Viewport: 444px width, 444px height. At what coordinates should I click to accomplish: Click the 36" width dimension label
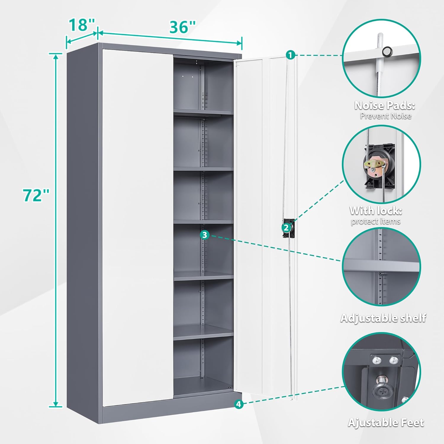(182, 27)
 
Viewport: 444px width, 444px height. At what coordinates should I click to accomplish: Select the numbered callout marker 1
(290, 55)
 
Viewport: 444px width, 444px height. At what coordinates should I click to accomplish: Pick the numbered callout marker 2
(286, 228)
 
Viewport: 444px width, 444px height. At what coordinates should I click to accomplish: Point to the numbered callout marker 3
(205, 235)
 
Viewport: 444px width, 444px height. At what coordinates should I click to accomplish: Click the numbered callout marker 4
(239, 404)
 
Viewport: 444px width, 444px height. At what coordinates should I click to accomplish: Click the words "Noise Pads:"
(385, 105)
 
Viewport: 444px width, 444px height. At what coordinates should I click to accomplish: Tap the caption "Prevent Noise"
(385, 116)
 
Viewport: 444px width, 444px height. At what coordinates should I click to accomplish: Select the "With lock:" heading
(376, 211)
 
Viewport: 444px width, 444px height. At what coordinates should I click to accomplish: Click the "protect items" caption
(376, 221)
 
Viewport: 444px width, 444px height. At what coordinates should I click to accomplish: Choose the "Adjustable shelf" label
(383, 318)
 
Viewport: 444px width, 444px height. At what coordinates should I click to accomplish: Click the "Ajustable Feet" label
(386, 422)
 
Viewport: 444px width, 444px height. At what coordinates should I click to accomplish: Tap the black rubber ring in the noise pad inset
(386, 52)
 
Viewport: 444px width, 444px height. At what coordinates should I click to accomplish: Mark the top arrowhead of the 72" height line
(56, 56)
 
